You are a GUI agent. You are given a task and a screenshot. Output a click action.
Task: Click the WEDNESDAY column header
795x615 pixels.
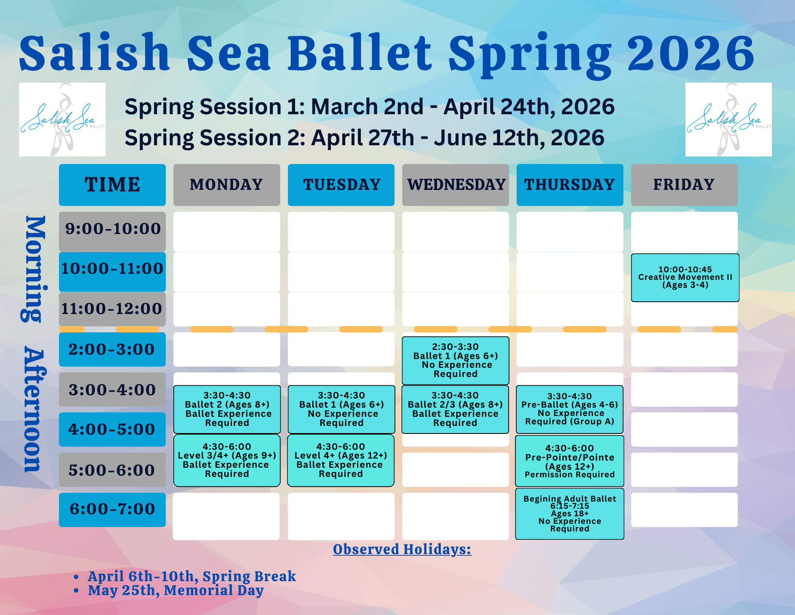point(455,185)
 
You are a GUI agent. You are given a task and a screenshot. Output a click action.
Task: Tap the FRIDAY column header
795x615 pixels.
point(684,185)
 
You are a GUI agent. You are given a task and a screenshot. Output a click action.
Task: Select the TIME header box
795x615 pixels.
point(112,185)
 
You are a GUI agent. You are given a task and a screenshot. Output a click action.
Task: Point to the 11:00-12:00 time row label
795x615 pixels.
point(112,309)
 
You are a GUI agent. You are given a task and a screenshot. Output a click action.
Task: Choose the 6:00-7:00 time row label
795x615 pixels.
point(112,510)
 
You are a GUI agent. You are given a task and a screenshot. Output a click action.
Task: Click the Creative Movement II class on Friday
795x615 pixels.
point(685,277)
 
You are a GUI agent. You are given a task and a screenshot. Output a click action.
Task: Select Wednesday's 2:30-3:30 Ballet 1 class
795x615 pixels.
point(455,360)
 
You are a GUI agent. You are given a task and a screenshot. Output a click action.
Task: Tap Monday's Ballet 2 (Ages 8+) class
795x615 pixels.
point(227,409)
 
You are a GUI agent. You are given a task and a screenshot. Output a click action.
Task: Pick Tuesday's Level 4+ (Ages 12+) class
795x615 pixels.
point(341,460)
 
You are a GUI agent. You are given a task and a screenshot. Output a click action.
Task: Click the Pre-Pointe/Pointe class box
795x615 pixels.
point(570,461)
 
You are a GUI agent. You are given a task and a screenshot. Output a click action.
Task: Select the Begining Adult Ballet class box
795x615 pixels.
point(570,513)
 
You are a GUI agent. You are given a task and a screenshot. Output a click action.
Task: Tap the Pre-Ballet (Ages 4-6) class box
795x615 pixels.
point(570,409)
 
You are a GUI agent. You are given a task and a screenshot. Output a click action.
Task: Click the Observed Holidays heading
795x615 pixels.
point(402,549)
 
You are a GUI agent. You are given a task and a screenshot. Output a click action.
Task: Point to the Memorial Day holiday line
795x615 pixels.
point(176,590)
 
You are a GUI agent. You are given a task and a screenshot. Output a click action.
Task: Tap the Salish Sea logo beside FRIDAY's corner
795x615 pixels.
point(729,119)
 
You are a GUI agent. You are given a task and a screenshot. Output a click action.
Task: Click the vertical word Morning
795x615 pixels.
point(33,269)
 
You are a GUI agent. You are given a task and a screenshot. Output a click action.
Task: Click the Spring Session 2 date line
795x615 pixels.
point(364,138)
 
